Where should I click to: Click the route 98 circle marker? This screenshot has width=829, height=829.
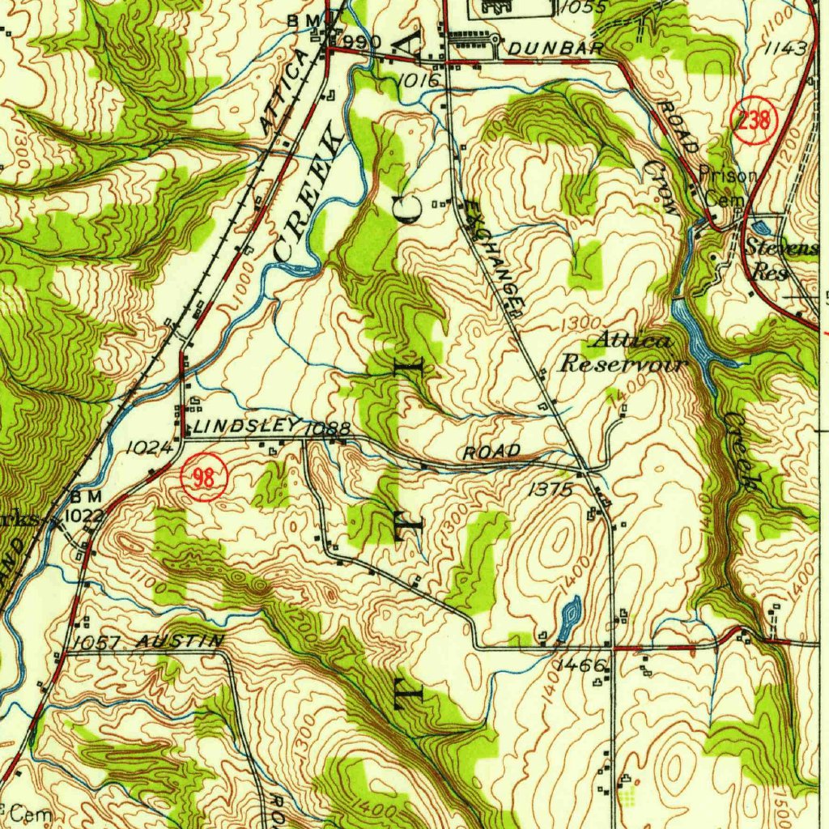205,478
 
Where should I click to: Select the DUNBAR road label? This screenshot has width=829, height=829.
556,49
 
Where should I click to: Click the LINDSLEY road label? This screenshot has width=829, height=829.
244,426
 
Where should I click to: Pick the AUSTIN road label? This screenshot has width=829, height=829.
179,641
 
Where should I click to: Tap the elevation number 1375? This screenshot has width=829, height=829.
551,489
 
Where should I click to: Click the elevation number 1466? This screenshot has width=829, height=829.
581,665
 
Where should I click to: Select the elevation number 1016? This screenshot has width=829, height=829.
419,79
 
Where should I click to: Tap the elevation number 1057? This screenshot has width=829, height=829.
96,643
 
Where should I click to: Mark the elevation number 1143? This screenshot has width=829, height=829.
784,49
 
